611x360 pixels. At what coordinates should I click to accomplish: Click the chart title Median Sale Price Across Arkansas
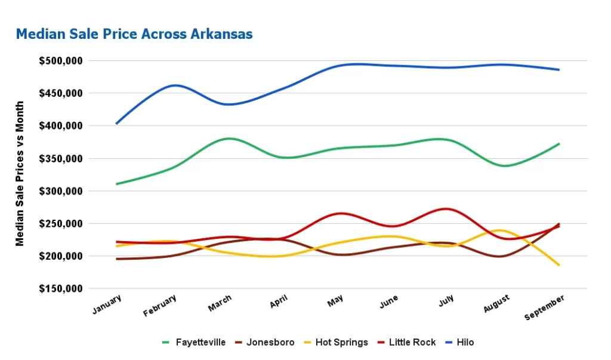(x=134, y=34)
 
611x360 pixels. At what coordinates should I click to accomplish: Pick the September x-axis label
(x=545, y=307)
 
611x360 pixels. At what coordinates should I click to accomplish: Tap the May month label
(x=335, y=302)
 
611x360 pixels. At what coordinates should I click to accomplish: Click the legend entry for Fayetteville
(x=200, y=342)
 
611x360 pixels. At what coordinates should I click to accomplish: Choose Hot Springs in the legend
(x=341, y=342)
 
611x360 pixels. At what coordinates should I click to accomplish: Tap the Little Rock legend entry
(x=412, y=342)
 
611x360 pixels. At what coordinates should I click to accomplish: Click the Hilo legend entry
(x=465, y=342)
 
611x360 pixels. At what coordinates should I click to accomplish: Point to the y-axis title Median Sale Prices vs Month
(x=20, y=174)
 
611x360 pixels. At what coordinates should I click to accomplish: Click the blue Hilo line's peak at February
(x=173, y=85)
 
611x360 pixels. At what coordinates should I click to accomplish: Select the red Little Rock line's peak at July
(x=445, y=208)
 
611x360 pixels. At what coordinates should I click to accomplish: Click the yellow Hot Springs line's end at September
(x=559, y=264)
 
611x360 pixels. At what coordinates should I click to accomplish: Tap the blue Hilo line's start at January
(x=116, y=124)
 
